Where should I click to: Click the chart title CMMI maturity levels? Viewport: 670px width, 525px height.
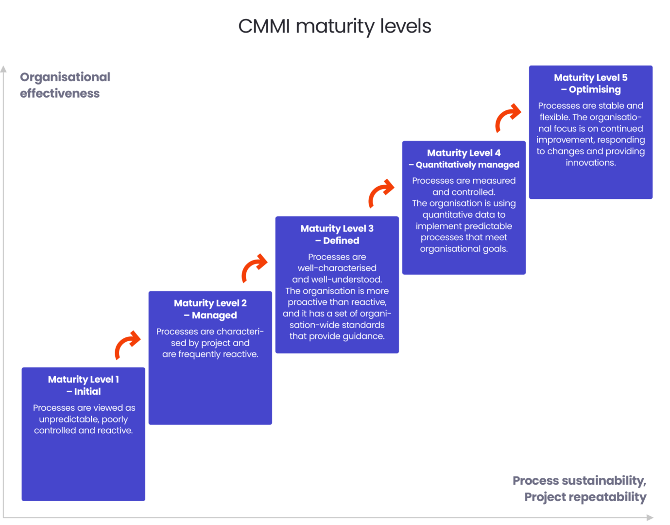[x=334, y=26]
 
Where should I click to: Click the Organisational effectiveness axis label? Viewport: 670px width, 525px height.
[x=65, y=85]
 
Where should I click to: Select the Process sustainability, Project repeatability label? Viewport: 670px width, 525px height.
[x=580, y=489]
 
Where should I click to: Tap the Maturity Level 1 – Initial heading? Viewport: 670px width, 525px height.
[x=84, y=385]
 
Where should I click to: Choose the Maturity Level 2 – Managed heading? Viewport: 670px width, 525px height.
[x=210, y=309]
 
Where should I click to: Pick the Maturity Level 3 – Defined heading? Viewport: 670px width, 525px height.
[x=337, y=234]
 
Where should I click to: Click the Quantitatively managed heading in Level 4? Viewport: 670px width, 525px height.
[x=467, y=165]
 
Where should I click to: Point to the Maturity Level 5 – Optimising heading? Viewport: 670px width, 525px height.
[x=591, y=83]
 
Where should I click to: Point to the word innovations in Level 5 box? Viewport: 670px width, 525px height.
[x=591, y=163]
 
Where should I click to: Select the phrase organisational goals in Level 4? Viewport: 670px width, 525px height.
[x=464, y=249]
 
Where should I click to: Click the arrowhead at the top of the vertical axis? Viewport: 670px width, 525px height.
[x=3, y=69]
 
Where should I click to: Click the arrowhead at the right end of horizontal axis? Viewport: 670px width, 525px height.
[x=650, y=518]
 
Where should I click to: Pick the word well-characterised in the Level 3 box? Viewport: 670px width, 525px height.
[x=337, y=268]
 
